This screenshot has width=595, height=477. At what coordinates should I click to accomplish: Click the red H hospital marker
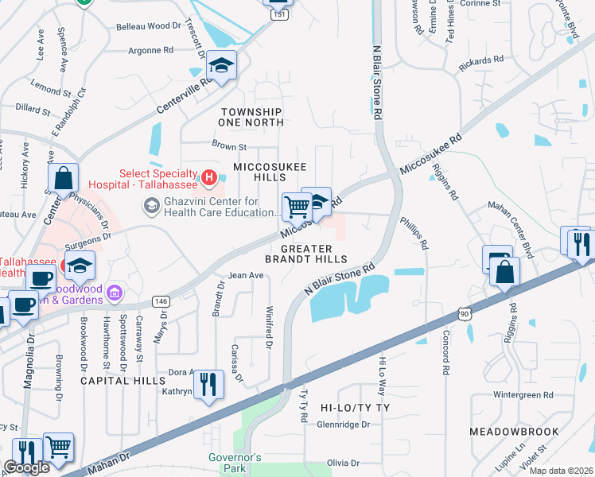click(208, 176)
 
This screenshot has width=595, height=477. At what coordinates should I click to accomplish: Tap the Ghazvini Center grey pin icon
click(150, 207)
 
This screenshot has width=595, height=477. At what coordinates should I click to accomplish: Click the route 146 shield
click(161, 301)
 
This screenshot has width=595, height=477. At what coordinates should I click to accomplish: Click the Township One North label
click(252, 117)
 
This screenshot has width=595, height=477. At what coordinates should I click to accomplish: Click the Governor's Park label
click(235, 463)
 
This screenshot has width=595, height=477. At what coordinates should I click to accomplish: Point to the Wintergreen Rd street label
click(522, 394)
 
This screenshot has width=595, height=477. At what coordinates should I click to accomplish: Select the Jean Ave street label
click(246, 276)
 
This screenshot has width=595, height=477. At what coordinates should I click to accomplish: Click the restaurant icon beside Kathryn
click(208, 386)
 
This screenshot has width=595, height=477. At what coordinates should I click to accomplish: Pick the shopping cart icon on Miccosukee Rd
click(297, 207)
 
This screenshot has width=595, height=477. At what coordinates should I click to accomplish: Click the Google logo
click(25, 468)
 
